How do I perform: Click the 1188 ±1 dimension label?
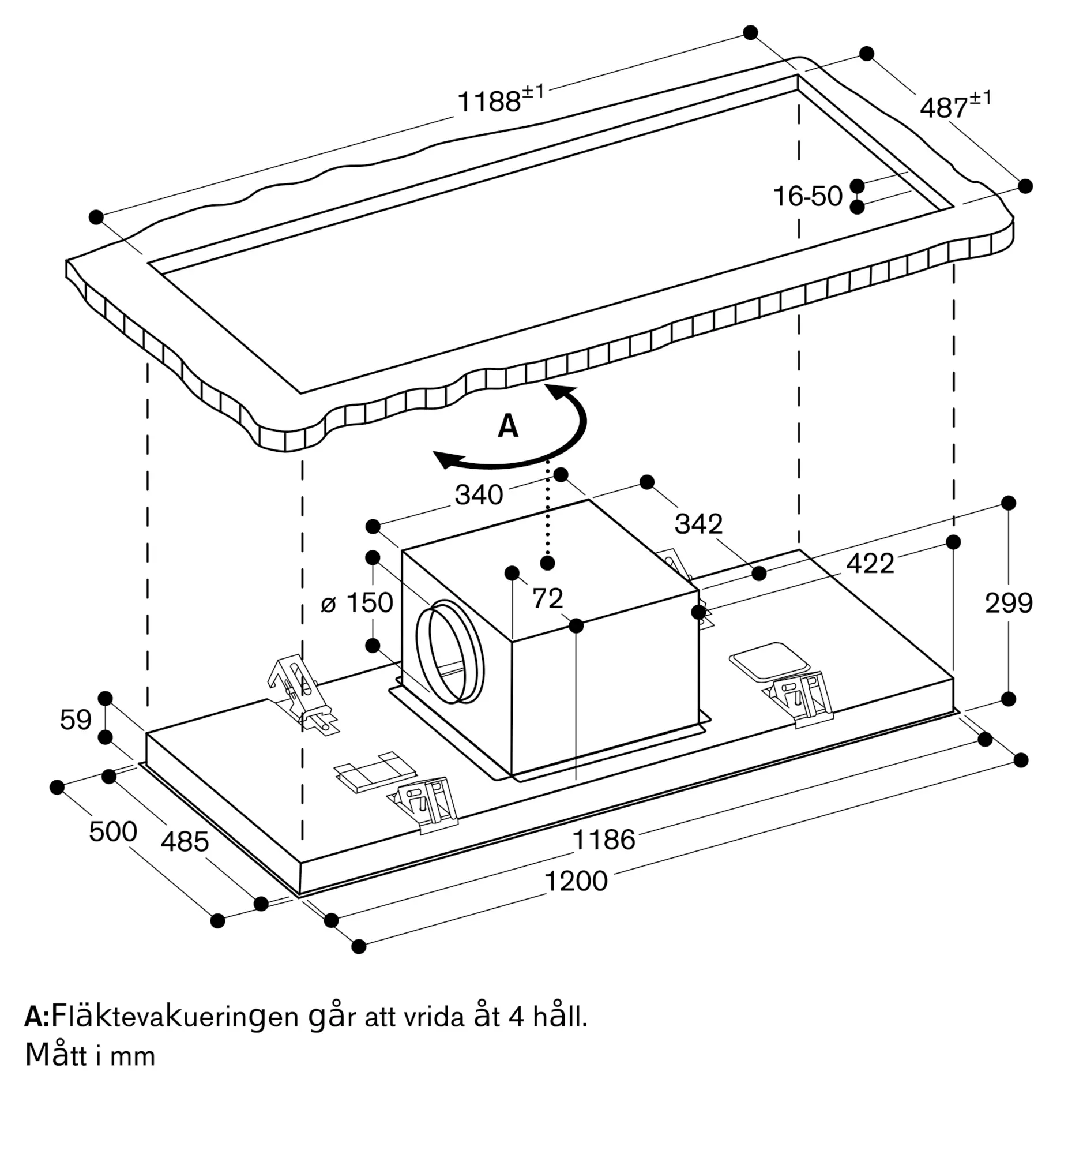tap(501, 99)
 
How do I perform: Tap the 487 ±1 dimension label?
tap(956, 106)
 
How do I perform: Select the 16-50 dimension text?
tap(807, 196)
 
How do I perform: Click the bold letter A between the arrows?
tap(507, 426)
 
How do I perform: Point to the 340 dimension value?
tap(479, 495)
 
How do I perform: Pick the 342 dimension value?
tap(698, 524)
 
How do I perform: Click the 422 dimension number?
tap(870, 564)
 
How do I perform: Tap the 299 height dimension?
tap(1009, 603)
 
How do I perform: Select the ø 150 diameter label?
tap(357, 602)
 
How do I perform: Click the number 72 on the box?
tap(548, 598)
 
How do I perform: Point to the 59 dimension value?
tap(76, 720)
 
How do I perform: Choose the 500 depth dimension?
tap(113, 831)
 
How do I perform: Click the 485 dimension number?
tap(185, 842)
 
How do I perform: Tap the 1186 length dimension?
tap(604, 840)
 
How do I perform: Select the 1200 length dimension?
tap(576, 881)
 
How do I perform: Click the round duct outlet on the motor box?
tap(450, 651)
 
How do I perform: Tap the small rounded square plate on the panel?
tap(769, 661)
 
